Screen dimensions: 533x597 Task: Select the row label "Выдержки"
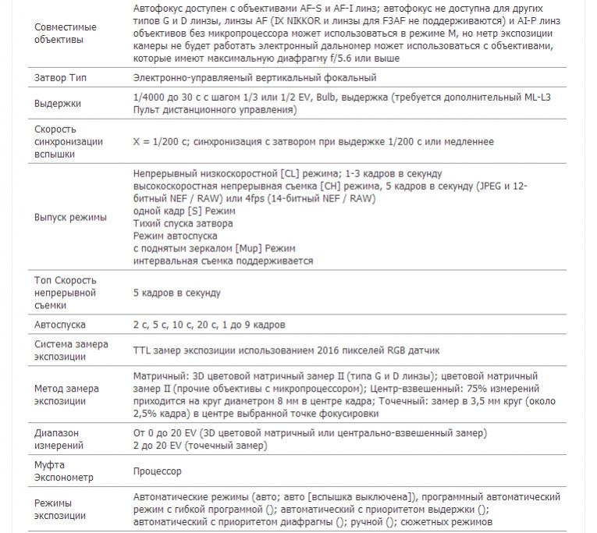(x=58, y=104)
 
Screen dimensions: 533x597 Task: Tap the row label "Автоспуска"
(x=60, y=325)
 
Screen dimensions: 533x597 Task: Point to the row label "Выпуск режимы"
(x=70, y=217)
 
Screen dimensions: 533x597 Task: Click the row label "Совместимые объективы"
(x=66, y=33)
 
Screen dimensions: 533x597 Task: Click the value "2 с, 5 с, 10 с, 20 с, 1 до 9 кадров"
(x=209, y=325)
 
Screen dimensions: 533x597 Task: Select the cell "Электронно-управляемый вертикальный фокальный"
(x=255, y=78)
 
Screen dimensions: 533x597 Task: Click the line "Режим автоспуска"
(x=175, y=236)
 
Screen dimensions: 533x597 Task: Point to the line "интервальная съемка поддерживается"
(x=223, y=261)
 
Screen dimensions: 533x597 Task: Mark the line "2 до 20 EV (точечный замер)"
(x=200, y=446)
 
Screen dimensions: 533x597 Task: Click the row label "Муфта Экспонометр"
(x=63, y=471)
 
